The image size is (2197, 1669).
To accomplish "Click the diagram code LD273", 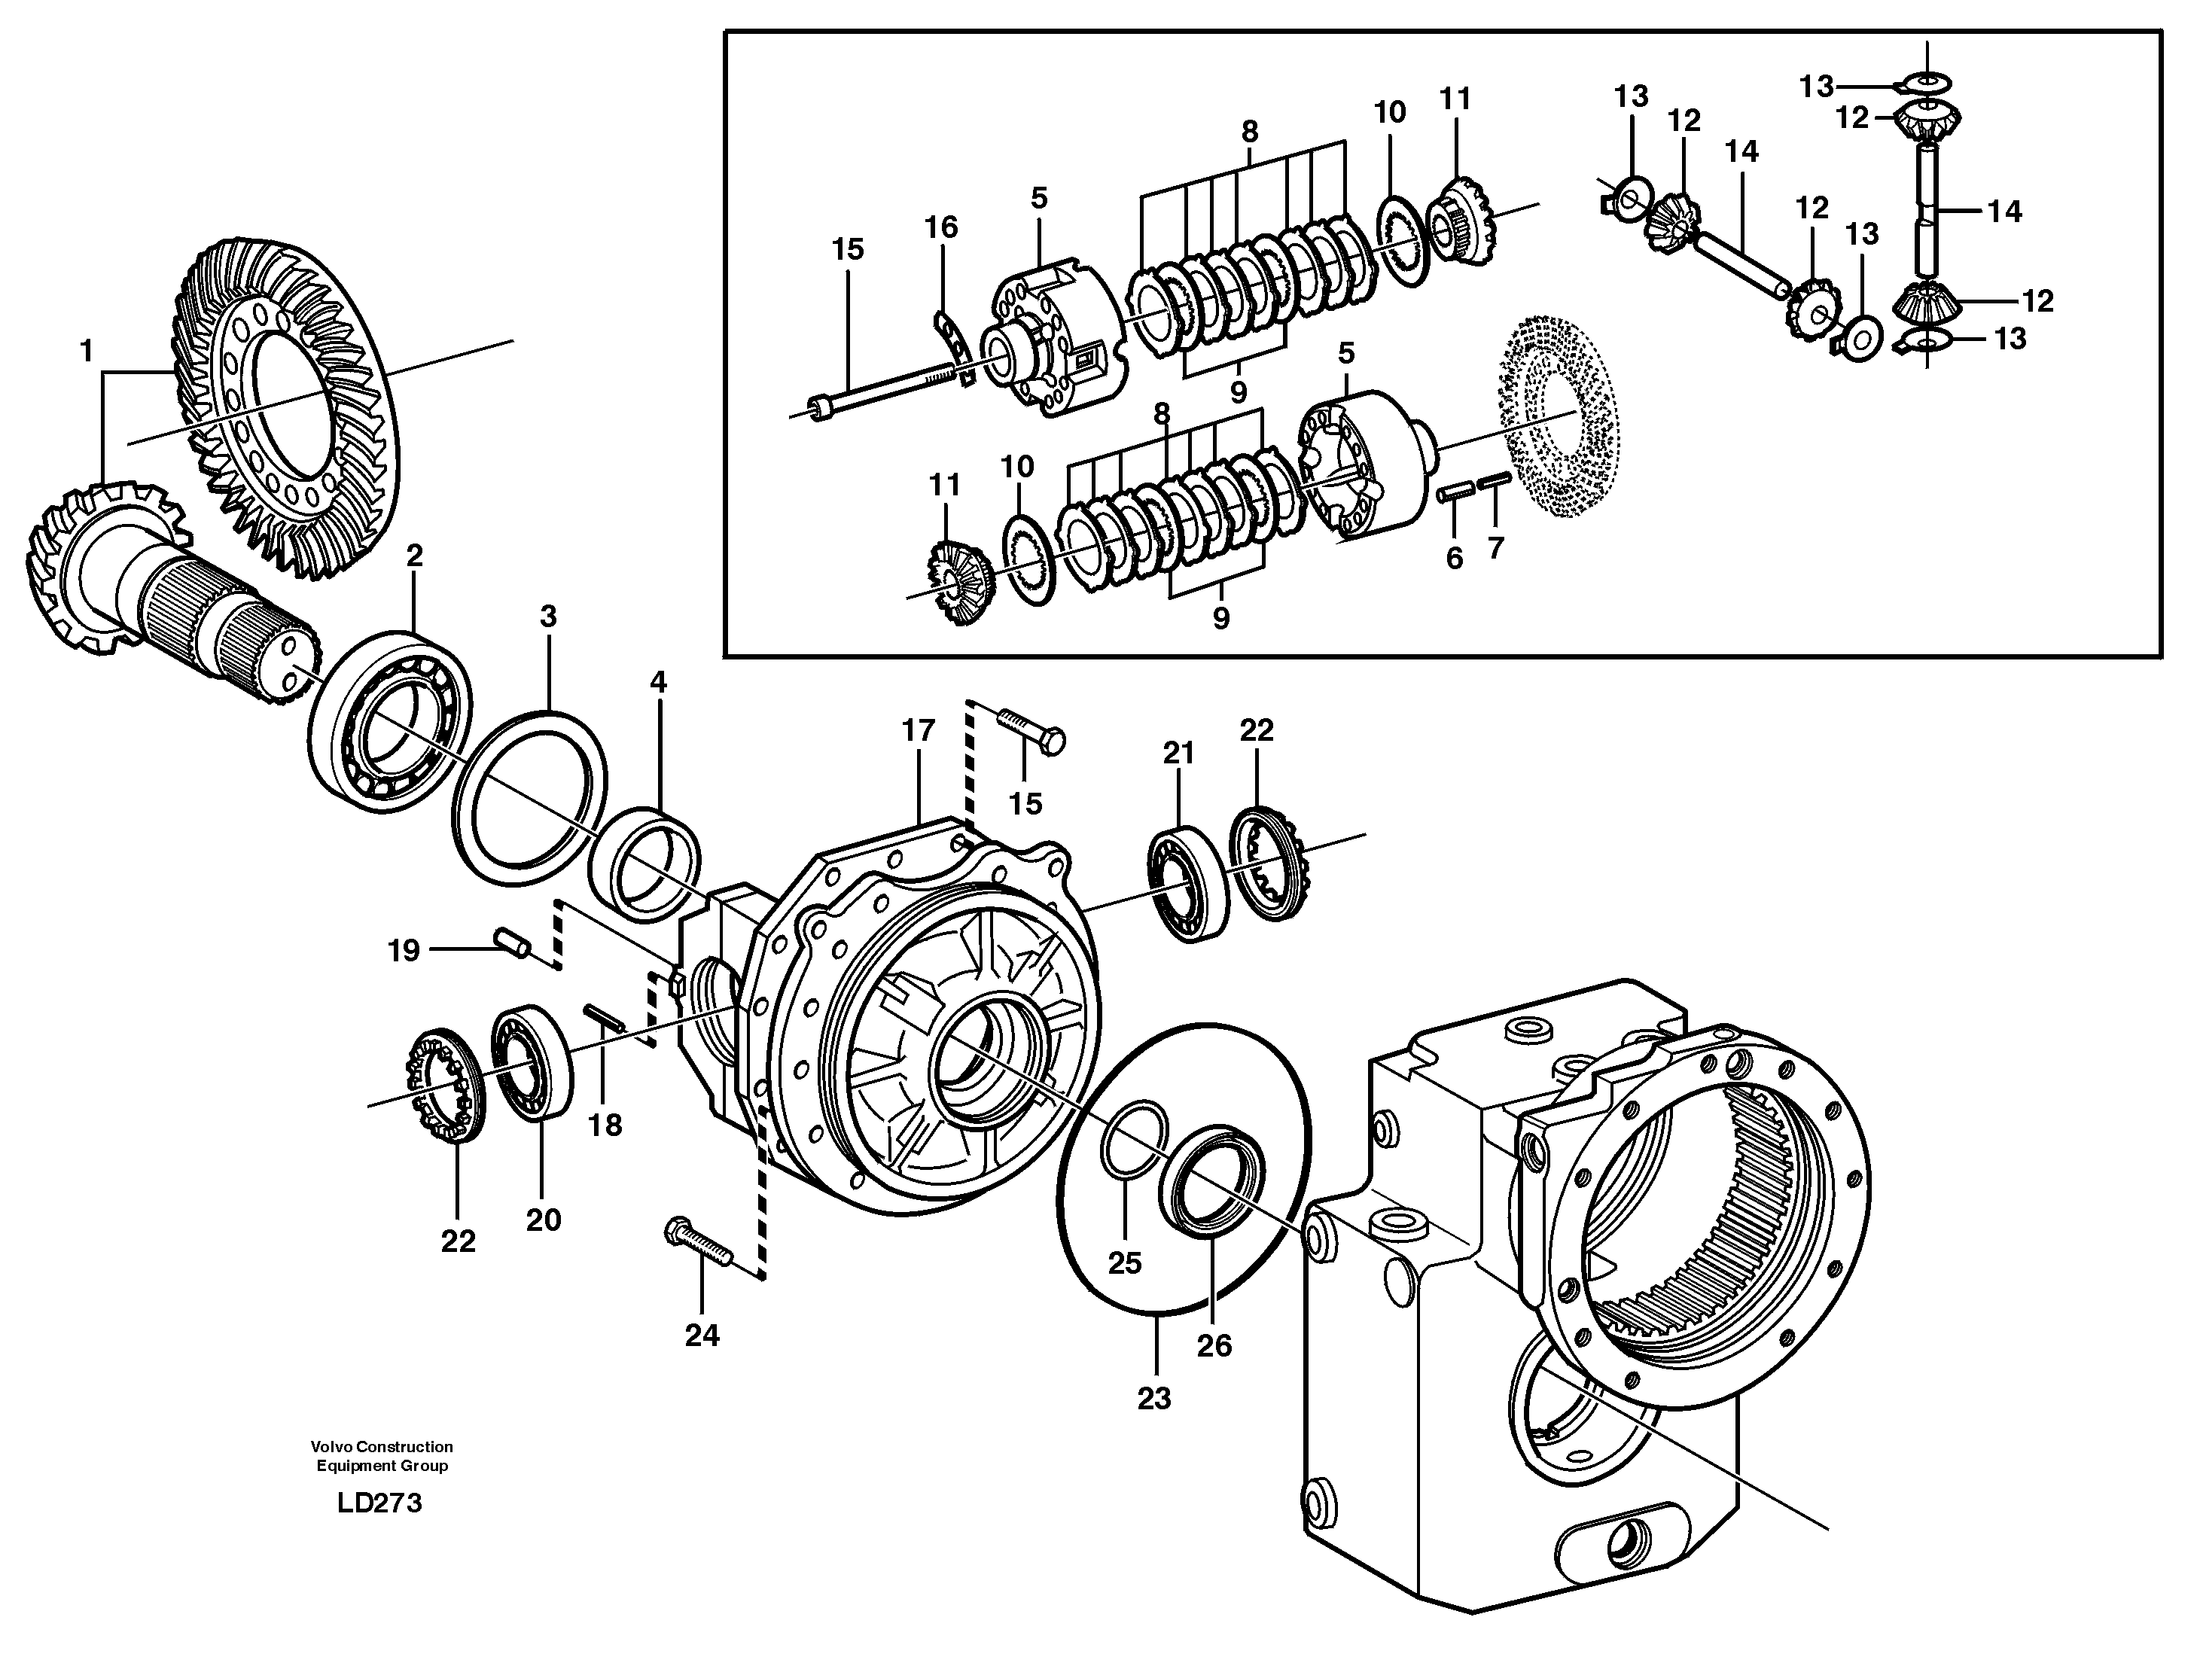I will pyautogui.click(x=379, y=1503).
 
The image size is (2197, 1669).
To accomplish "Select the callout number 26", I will pyautogui.click(x=1213, y=1346).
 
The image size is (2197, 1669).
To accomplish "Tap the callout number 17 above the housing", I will pyautogui.click(x=918, y=731).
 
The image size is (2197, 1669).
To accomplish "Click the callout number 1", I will pyautogui.click(x=87, y=351).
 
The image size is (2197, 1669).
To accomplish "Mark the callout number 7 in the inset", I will pyautogui.click(x=1495, y=547).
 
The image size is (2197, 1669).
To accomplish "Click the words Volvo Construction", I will pyautogui.click(x=382, y=1446).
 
